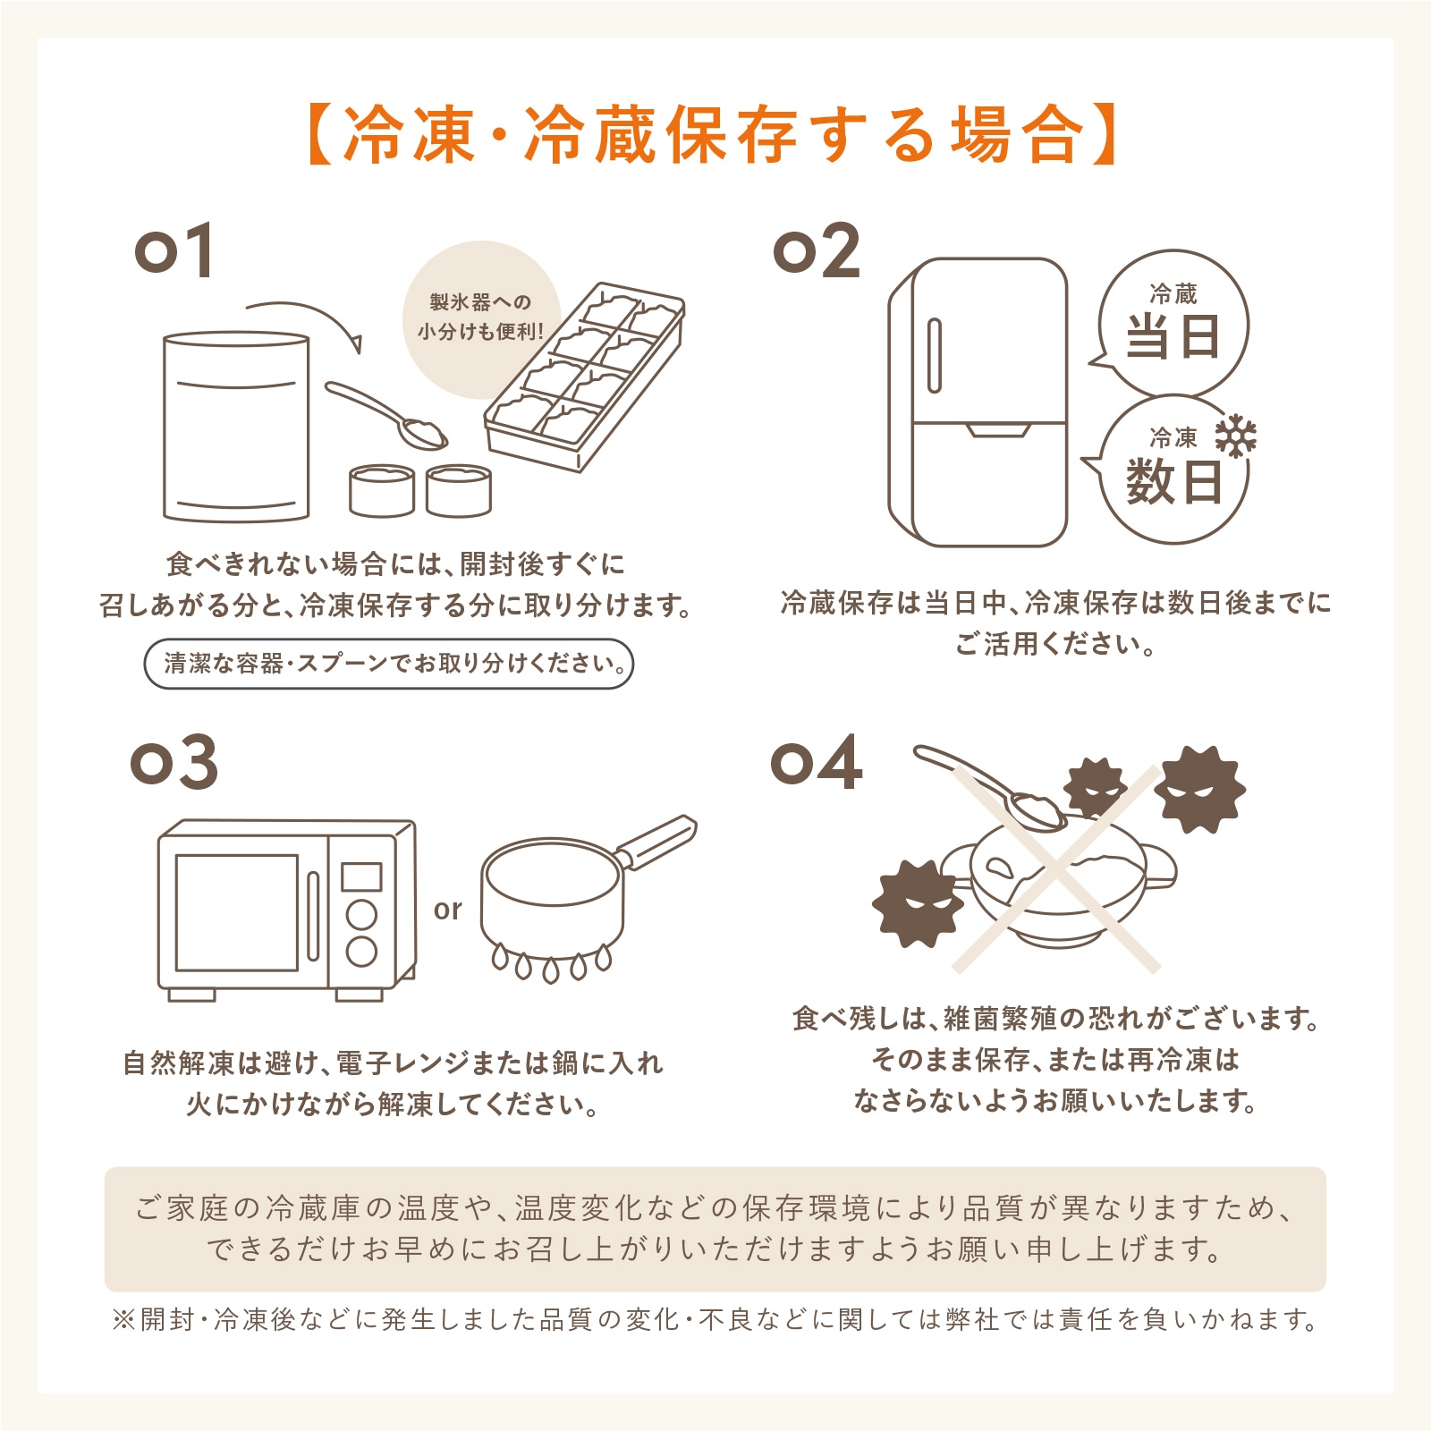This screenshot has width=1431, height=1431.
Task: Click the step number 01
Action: click(174, 250)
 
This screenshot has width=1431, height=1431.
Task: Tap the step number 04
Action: click(817, 763)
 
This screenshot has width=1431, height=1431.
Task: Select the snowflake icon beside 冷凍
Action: click(1235, 436)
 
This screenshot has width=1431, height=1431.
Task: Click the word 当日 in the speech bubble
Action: click(1173, 338)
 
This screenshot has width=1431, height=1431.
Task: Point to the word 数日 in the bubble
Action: click(1173, 482)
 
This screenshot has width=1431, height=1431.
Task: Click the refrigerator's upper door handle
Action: click(935, 355)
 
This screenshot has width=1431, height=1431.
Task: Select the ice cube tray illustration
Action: click(584, 377)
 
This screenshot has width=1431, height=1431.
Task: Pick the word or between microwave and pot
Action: click(447, 910)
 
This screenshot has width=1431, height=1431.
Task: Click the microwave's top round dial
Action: click(361, 915)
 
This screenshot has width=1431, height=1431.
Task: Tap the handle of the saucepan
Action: click(657, 841)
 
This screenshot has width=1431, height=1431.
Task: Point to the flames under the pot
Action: click(552, 964)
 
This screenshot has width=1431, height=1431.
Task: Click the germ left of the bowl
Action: click(917, 903)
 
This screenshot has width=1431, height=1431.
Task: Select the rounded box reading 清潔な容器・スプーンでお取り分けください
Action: click(389, 664)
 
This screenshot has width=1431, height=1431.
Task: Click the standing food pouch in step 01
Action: click(236, 428)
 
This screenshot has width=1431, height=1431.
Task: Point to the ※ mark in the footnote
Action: click(123, 1320)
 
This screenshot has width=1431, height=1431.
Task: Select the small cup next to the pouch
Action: click(382, 490)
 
